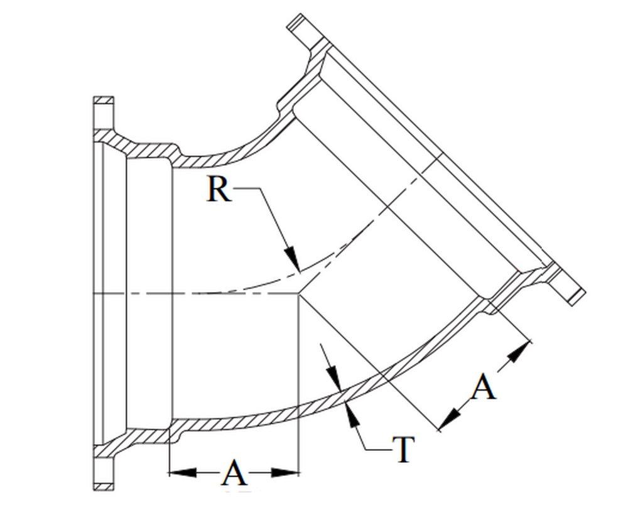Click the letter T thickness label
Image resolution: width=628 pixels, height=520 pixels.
point(403,450)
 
